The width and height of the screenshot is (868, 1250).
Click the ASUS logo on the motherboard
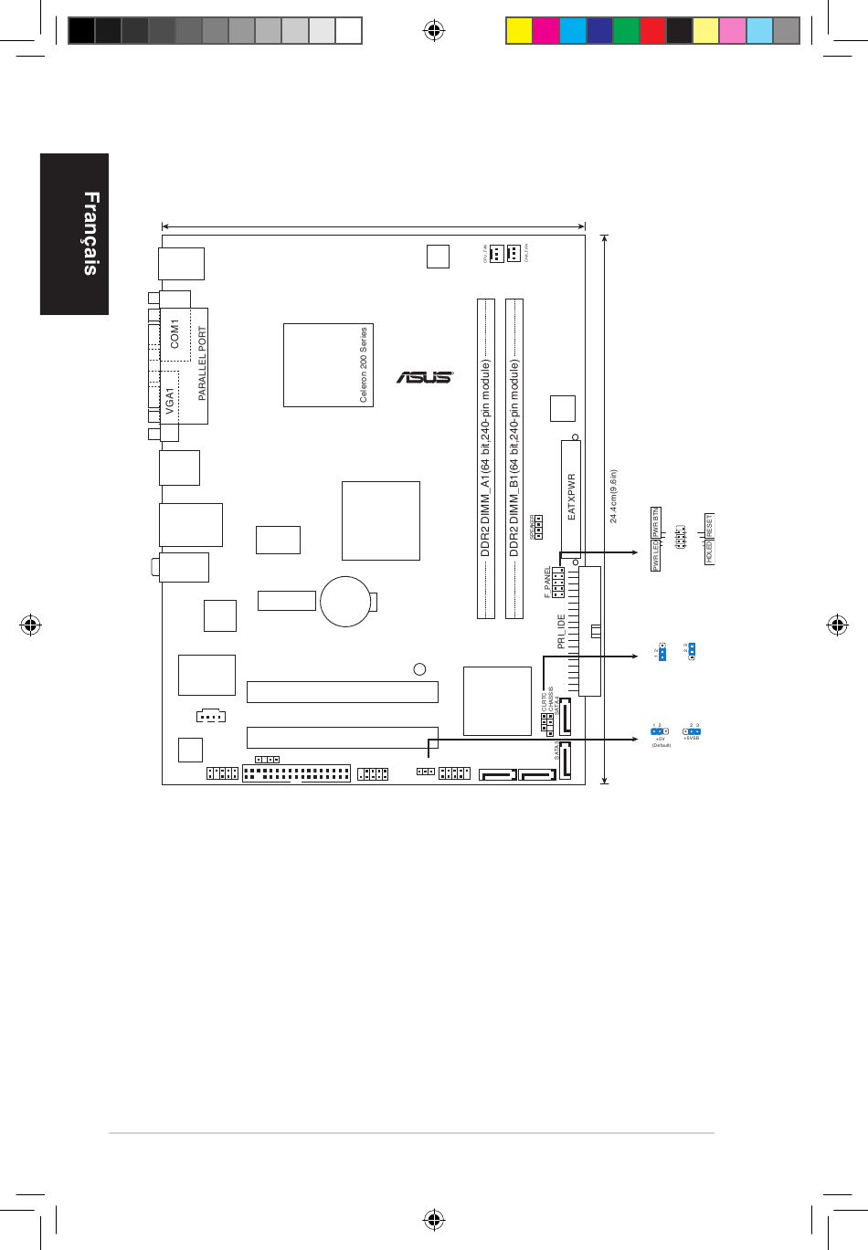425,376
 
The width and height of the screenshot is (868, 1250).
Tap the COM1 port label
175,333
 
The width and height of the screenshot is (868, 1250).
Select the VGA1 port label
170,402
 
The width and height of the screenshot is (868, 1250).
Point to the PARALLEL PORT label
202,363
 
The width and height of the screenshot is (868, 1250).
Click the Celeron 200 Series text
364,364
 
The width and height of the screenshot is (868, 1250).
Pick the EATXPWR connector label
572,497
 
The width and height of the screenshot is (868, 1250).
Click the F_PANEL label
548,582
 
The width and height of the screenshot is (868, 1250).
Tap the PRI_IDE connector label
562,631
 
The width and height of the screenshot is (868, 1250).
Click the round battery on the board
345,601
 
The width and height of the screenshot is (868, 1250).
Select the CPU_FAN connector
495,253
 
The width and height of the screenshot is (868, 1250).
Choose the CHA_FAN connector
514,253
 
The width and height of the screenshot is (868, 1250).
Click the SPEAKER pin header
538,527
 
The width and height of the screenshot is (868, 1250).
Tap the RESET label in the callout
708,526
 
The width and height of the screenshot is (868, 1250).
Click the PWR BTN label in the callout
655,522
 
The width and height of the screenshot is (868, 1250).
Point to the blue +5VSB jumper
692,731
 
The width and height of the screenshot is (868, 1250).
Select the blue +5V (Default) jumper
660,731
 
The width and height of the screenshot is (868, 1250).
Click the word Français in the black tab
90,233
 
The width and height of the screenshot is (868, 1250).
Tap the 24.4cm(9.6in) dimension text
614,497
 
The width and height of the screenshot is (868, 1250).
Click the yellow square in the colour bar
519,31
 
